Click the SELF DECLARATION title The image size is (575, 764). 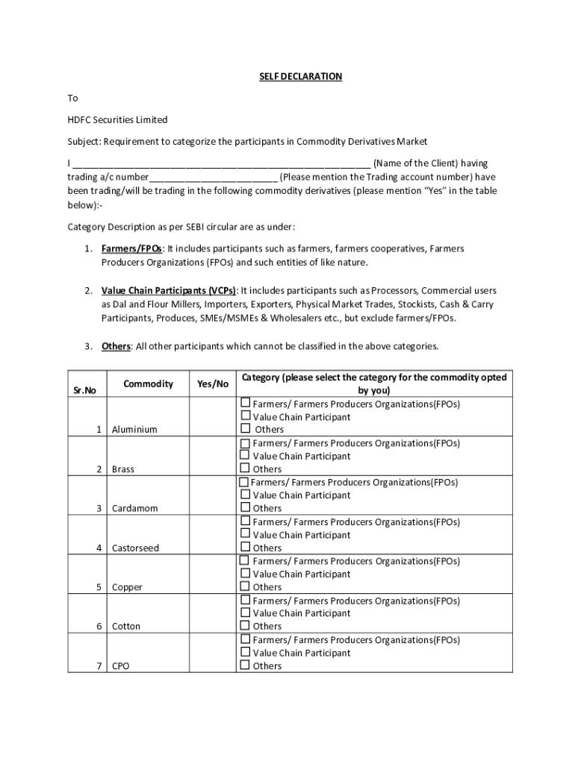(300, 77)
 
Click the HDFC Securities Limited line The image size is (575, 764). (117, 119)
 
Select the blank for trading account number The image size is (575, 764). (214, 178)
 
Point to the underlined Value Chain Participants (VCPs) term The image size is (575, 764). (169, 290)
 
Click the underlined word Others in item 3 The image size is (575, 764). (116, 346)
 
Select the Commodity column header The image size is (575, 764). (148, 383)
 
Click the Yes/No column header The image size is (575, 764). (213, 383)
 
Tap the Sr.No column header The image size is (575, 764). (84, 390)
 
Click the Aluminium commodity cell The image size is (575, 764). (134, 430)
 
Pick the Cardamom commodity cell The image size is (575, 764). (135, 508)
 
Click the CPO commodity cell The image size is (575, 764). (120, 666)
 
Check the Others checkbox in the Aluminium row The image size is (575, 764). (245, 429)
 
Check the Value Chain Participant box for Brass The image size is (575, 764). (245, 455)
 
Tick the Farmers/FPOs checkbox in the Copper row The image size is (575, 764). (245, 560)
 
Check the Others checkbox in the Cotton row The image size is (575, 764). (245, 626)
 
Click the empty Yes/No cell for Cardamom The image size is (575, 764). (213, 496)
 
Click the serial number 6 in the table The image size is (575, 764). (99, 626)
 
